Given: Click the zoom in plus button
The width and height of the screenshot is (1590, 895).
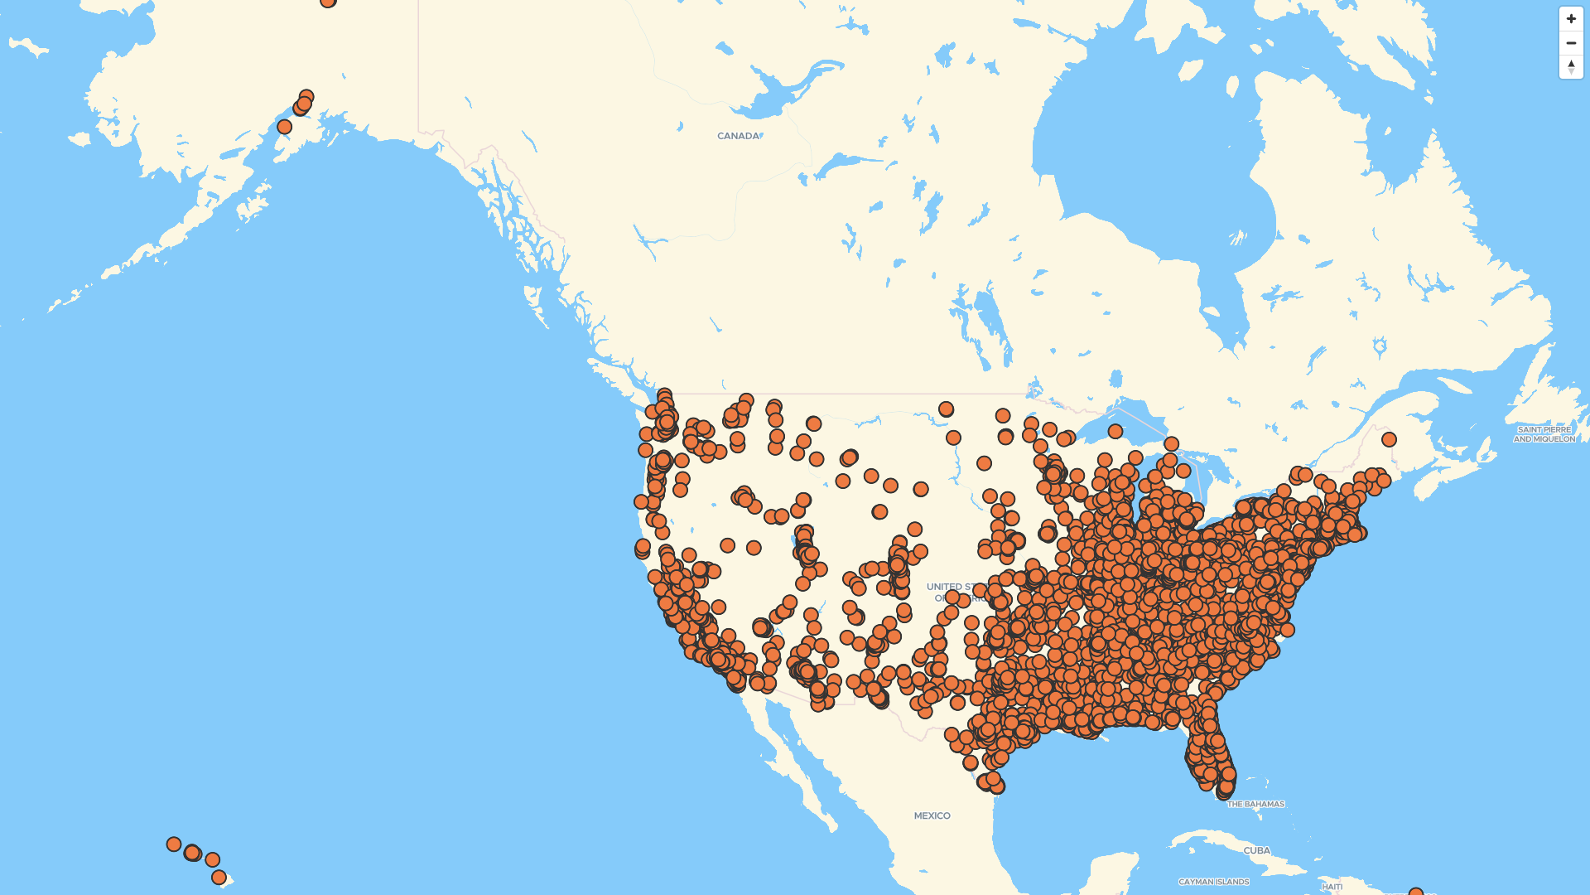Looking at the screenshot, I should point(1571,19).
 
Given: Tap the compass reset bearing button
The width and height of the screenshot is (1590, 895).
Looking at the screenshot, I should point(1571,67).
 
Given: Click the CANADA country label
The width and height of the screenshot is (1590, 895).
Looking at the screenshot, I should point(738,136).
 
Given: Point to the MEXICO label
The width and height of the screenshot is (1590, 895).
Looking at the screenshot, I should point(932,816).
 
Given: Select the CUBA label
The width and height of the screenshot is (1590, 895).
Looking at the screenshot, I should point(1256,851).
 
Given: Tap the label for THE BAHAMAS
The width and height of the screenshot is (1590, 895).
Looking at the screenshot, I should point(1255,805).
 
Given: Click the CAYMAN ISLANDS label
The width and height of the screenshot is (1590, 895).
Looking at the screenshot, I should point(1213,883).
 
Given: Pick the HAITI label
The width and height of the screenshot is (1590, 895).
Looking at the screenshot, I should point(1332,887).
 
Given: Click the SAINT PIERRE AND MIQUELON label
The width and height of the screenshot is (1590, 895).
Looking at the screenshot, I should point(1544,434).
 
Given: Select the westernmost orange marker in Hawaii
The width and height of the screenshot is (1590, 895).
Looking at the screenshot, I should point(173,844).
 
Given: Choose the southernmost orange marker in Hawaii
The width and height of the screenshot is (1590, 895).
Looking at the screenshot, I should point(219,878).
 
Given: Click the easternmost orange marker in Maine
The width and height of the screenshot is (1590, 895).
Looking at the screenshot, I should point(1389,439).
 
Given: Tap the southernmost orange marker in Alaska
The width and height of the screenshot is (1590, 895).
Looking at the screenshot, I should point(284,127).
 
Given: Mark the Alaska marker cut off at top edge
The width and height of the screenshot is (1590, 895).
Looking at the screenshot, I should point(328,2).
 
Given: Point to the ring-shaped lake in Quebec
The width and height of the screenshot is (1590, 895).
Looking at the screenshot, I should point(1380,346).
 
